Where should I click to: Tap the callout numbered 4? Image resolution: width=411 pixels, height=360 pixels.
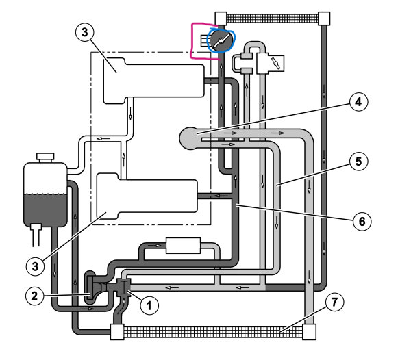tap(357, 103)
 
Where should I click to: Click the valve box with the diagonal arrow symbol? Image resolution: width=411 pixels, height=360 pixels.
tap(272, 64)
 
